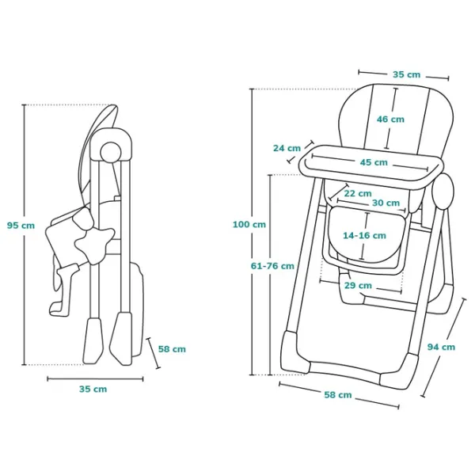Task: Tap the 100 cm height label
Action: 249,224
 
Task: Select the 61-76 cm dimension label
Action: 272,266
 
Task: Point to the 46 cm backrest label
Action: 390,120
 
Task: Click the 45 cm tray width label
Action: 374,162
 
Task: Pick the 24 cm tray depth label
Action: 286,148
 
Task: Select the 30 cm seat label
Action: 386,203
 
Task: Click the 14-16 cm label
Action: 364,235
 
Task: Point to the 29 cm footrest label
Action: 358,285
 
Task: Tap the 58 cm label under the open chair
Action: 338,394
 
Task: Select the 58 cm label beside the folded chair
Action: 172,348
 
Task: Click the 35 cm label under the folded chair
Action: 93,389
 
